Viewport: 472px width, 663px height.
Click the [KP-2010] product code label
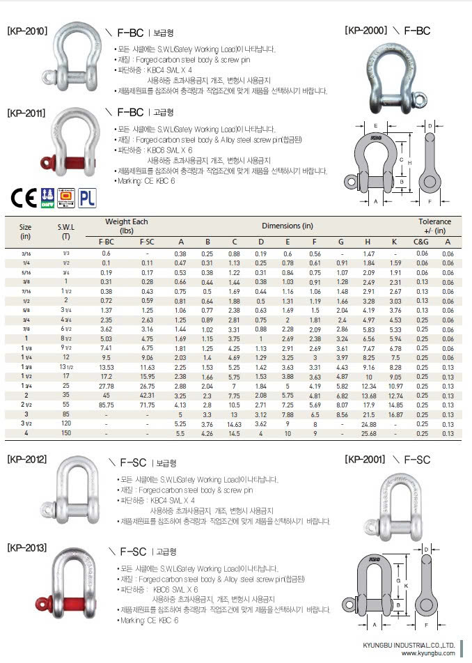pos(27,31)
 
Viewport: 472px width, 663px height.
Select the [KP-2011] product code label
pos(27,111)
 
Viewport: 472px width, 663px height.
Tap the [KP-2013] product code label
pos(27,547)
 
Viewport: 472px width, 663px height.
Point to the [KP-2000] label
pos(366,31)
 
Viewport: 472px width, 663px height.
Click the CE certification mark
pos(22,197)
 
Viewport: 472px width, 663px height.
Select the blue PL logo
pos(86,197)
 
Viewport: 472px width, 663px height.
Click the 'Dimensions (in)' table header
pos(287,226)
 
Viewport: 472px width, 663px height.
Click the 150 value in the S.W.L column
pos(66,433)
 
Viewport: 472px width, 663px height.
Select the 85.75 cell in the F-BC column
pos(107,403)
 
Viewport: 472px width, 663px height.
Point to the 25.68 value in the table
pos(369,433)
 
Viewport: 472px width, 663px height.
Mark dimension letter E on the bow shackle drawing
pos(375,125)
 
